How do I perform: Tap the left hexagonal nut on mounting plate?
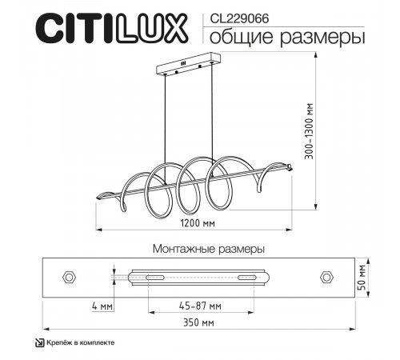pos(69,277)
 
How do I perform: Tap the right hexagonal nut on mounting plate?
pos(326,277)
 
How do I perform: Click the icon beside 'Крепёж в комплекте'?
pos(40,342)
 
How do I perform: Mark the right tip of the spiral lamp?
pos(290,168)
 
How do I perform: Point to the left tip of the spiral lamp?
pos(98,197)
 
